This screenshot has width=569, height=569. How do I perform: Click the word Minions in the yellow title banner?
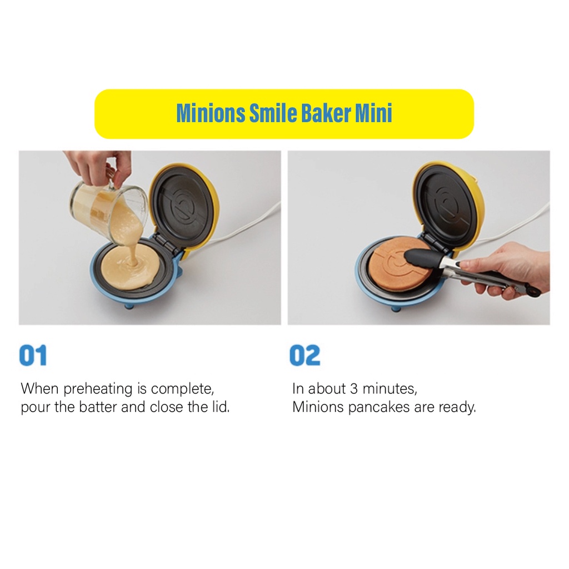(211, 113)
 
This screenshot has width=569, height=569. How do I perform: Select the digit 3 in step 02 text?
(354, 389)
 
